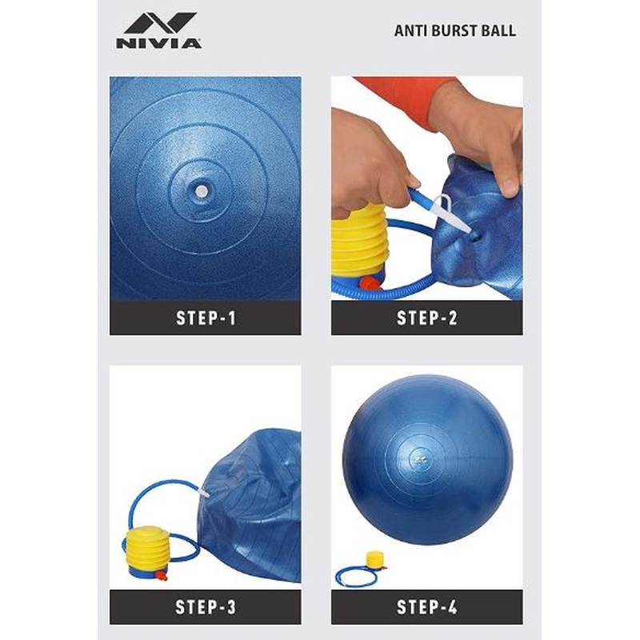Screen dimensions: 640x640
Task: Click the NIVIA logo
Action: point(158,30)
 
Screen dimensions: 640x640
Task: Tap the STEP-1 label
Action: point(206,318)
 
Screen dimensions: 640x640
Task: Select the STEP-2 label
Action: point(427,318)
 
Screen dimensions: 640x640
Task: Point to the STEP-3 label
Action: point(206,607)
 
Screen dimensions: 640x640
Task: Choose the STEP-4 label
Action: point(427,607)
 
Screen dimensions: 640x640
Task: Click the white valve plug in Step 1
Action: point(202,190)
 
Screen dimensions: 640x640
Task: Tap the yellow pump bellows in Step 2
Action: point(358,241)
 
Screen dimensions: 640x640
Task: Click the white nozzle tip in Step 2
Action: point(464,227)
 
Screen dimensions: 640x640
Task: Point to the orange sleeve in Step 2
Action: point(404,98)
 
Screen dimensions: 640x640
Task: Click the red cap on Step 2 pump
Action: point(369,283)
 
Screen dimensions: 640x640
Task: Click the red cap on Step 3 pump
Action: point(162,575)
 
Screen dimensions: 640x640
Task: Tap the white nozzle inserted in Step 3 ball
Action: point(205,494)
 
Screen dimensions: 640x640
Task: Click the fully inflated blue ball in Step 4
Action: point(427,459)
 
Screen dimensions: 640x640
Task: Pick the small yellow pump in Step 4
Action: point(375,560)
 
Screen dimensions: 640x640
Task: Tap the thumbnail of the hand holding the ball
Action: point(427,189)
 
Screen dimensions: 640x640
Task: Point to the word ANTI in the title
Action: point(410,31)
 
